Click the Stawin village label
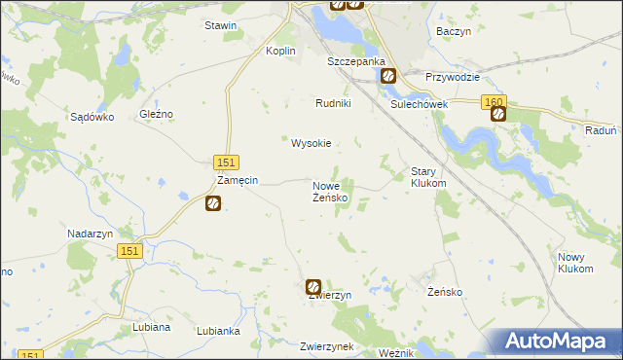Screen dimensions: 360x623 coord(220,25)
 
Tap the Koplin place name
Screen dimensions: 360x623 coord(281,52)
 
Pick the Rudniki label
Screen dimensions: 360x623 coord(333,103)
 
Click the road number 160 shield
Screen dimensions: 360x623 coord(493,100)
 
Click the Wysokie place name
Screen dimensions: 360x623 coord(311,143)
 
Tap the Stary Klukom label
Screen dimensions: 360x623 coord(428,176)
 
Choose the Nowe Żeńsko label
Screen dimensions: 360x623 coord(330,192)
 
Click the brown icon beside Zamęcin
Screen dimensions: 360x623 coord(213,203)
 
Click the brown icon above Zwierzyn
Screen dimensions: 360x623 coord(313,287)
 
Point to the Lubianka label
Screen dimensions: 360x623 coord(218,331)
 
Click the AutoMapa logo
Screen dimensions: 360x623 coord(557,342)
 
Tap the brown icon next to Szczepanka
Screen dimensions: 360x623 coord(387,75)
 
